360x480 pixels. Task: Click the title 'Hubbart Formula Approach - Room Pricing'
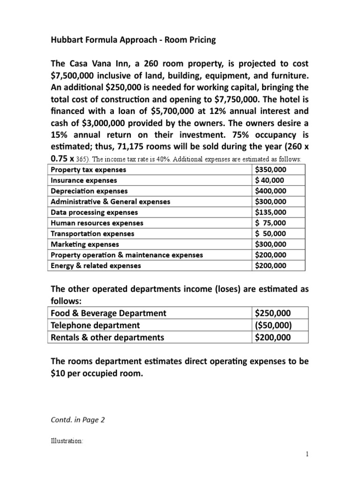pos(133,40)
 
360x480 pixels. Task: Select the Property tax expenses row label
pos(88,170)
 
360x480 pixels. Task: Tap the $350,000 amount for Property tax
pos(270,170)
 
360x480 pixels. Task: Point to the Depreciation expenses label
pos(89,191)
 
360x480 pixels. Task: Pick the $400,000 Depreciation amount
pos(270,191)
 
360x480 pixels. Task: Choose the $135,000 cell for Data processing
pos(270,212)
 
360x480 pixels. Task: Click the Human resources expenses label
pos(97,223)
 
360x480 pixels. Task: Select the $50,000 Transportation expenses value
pos(270,233)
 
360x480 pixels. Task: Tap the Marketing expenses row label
pos(84,244)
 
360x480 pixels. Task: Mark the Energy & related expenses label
pos(96,266)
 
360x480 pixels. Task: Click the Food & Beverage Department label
pos(108,313)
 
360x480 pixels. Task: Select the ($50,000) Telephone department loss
pos(273,325)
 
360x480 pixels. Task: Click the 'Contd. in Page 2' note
pos(77,420)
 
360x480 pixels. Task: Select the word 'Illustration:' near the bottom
pos(67,441)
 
